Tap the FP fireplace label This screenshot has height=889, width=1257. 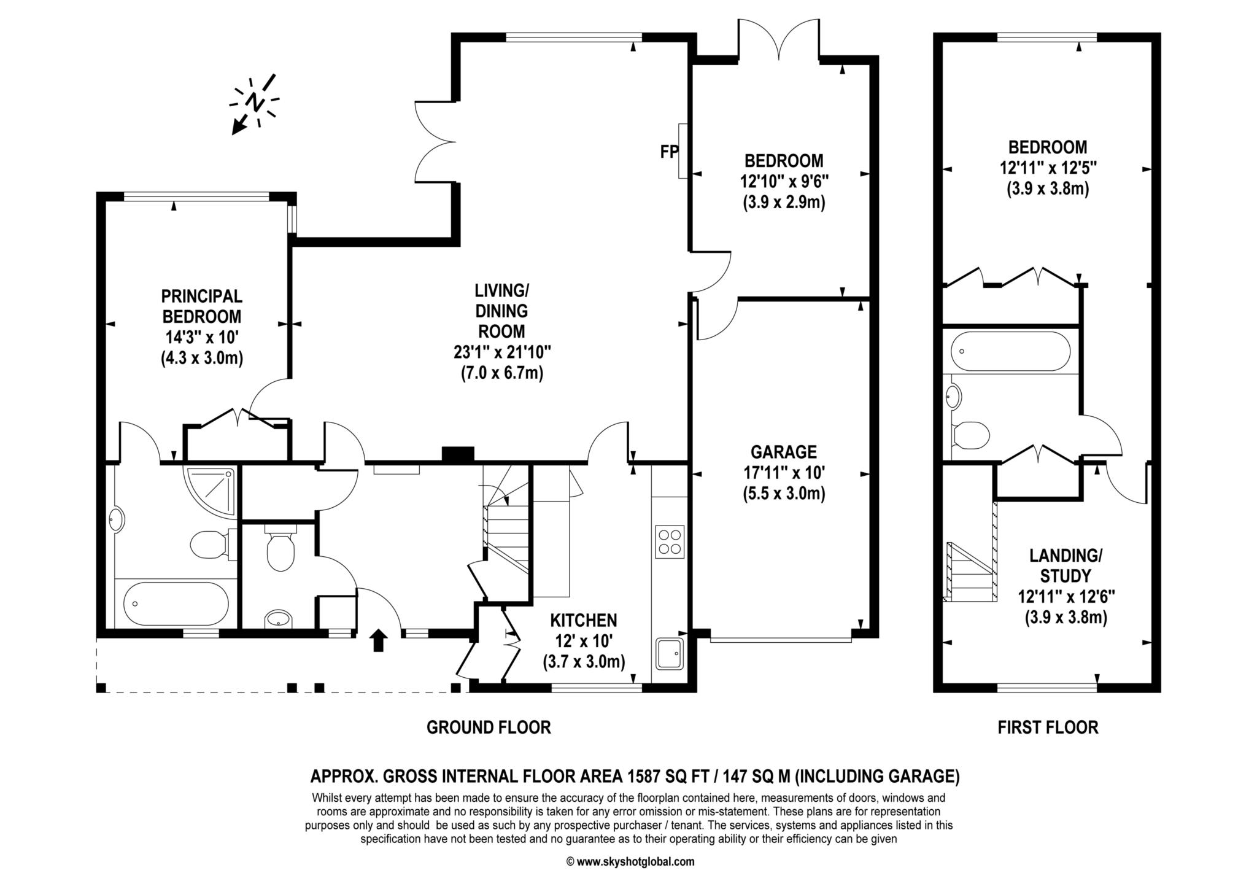tap(668, 152)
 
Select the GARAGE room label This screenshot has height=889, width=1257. tap(784, 452)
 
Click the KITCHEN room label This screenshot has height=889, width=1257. tap(583, 620)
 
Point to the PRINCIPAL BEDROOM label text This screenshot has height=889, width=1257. tap(202, 306)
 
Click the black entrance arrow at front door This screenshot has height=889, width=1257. tap(378, 640)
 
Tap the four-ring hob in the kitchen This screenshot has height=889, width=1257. tap(670, 542)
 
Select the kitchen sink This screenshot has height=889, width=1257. tap(670, 654)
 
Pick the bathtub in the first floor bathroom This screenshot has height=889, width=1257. tap(1010, 351)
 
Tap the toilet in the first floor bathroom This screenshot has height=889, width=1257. tap(970, 435)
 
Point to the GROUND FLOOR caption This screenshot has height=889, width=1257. tap(489, 728)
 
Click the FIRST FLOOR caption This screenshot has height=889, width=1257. tap(1048, 728)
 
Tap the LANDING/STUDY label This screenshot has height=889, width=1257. tap(1066, 566)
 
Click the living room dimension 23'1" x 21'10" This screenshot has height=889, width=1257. tap(502, 352)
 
